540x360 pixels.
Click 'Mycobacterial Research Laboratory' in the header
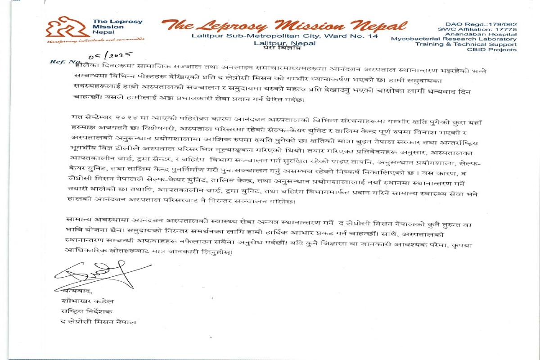(454, 39)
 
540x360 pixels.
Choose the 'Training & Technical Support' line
(466, 45)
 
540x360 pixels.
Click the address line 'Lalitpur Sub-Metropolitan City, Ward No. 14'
(284, 36)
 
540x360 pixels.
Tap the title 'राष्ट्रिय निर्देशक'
(83, 311)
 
